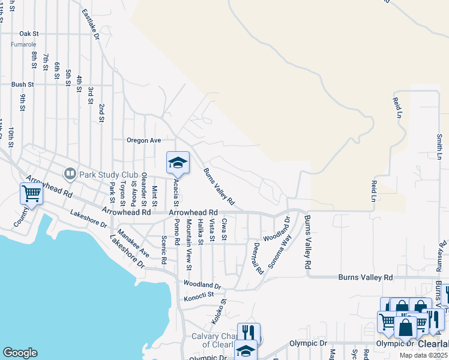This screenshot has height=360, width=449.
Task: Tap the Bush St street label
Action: pyautogui.click(x=22, y=85)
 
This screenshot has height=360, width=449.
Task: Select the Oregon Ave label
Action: pyautogui.click(x=143, y=140)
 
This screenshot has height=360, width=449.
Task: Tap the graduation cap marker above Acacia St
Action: pyautogui.click(x=178, y=163)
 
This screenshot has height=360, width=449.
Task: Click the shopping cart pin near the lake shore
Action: pyautogui.click(x=31, y=193)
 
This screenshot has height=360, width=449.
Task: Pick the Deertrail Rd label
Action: pyautogui.click(x=258, y=259)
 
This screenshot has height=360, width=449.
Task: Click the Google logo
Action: pyautogui.click(x=20, y=353)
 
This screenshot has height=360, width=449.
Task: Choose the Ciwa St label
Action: pyautogui.click(x=224, y=230)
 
